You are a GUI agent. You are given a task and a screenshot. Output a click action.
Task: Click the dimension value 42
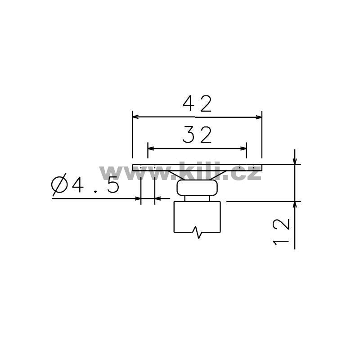[x=197, y=104]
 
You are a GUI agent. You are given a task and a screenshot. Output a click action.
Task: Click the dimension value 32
[x=197, y=135]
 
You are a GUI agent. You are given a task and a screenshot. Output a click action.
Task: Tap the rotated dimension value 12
[x=281, y=232]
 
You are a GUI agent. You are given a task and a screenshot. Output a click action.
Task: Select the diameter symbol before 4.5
[x=59, y=184]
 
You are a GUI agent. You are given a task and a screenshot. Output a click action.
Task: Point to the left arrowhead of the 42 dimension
[x=135, y=117]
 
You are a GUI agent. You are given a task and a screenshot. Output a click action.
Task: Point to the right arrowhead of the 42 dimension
[x=259, y=117]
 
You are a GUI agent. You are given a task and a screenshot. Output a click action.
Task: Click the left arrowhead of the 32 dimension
[x=151, y=148]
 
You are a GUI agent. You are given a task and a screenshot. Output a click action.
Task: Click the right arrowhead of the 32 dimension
[x=243, y=148]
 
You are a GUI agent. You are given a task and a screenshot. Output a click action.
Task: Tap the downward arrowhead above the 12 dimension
[x=295, y=162]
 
